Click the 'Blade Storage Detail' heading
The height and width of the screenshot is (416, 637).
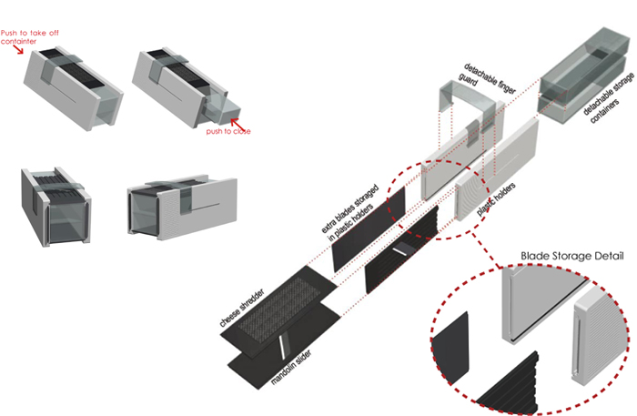[x=572, y=256]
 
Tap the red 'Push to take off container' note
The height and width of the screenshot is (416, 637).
[x=30, y=37]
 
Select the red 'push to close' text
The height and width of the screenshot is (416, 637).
[x=228, y=131]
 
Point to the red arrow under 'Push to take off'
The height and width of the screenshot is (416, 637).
[x=17, y=49]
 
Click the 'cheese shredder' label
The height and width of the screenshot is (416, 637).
[x=242, y=308]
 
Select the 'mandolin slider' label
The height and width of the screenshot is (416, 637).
[x=291, y=367]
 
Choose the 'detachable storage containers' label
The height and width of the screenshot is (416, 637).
[x=608, y=98]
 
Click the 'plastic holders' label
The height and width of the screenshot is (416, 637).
[x=496, y=198]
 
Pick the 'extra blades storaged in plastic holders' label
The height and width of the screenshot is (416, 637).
[x=350, y=212]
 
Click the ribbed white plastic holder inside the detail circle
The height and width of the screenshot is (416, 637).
[x=596, y=337]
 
